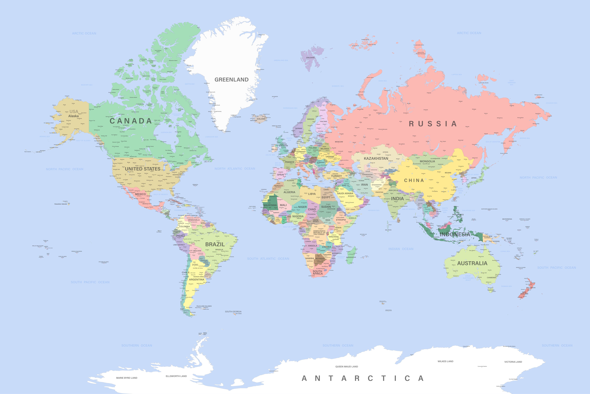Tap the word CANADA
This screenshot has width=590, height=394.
[x=131, y=121]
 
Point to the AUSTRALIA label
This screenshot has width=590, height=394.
[x=472, y=263]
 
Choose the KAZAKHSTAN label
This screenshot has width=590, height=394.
[x=376, y=159]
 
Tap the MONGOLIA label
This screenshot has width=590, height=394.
[x=427, y=161]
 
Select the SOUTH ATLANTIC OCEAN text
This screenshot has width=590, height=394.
[x=268, y=259]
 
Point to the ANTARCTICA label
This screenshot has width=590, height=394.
[x=362, y=378]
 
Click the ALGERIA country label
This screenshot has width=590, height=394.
[x=289, y=192]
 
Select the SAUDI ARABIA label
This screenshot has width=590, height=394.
[x=345, y=193]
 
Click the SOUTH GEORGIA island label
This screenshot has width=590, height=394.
[x=233, y=312]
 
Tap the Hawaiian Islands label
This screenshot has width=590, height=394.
[x=61, y=204]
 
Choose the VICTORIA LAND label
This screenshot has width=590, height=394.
[x=513, y=362]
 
